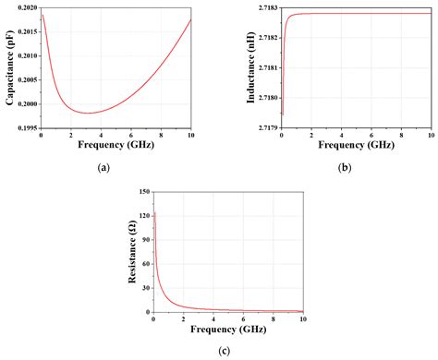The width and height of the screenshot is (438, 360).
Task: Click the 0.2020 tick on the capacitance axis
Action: pyautogui.click(x=26, y=6)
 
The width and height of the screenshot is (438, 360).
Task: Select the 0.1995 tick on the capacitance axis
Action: pyautogui.click(x=26, y=128)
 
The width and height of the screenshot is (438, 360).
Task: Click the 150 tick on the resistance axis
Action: pyautogui.click(x=143, y=192)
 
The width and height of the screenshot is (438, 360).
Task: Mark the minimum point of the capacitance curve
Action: pyautogui.click(x=88, y=113)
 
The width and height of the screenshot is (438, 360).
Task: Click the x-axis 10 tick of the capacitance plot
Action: pyautogui.click(x=189, y=136)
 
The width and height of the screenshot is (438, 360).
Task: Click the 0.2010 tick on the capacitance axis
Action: pyautogui.click(x=26, y=55)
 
